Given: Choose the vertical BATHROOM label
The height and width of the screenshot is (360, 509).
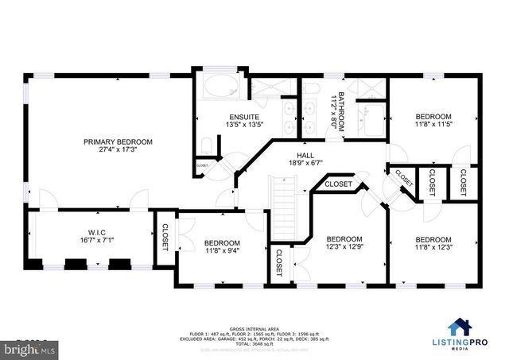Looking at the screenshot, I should tap(340, 110).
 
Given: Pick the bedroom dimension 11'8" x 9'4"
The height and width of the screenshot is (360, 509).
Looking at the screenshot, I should tap(222, 251).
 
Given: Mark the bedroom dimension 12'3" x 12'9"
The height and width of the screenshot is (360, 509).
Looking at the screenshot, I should tap(344, 247).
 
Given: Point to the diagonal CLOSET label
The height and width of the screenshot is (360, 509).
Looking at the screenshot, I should tap(403, 179).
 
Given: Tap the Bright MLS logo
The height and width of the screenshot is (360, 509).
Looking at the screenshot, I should tap(24, 349).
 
